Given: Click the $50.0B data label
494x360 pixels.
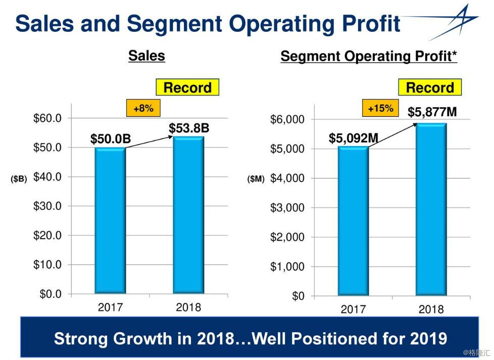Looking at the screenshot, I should [111, 139].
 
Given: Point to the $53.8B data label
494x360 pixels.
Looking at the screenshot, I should [188, 128].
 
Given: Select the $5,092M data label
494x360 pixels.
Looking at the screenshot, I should [354, 138].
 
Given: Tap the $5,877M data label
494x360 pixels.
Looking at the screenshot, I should [432, 112].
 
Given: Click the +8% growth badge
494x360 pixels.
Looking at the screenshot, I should [143, 108].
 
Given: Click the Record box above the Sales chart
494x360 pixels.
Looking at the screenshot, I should [187, 87].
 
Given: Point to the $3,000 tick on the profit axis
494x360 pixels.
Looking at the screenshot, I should [287, 208].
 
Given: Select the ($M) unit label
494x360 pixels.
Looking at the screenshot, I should [256, 178].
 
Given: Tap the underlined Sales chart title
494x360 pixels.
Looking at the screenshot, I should [146, 56].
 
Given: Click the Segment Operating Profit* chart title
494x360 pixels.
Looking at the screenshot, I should [369, 56].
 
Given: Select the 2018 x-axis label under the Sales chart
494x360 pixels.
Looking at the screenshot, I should [188, 307].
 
